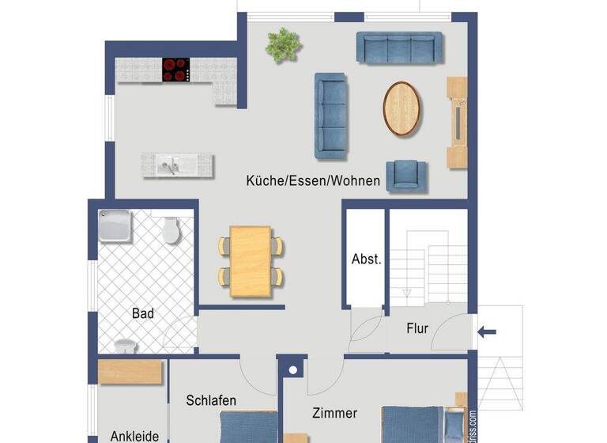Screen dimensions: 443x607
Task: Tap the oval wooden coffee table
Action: (403, 108)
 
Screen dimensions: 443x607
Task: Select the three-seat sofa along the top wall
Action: (399, 47)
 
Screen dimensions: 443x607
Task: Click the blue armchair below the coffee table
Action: (405, 175)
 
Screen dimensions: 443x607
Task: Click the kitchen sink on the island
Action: (169, 165)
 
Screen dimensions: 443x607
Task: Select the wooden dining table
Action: (251, 261)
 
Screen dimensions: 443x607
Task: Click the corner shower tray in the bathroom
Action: (115, 225)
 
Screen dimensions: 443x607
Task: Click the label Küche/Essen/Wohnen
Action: (312, 181)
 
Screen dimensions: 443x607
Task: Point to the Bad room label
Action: (143, 313)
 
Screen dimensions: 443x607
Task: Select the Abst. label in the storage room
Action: (366, 259)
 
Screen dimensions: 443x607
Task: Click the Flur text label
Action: (417, 328)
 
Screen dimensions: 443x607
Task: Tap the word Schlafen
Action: (211, 400)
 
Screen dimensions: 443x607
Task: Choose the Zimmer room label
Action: (334, 413)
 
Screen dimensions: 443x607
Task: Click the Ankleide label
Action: (134, 435)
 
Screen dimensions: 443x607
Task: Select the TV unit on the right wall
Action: (458, 122)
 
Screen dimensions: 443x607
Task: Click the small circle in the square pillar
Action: (292, 369)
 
